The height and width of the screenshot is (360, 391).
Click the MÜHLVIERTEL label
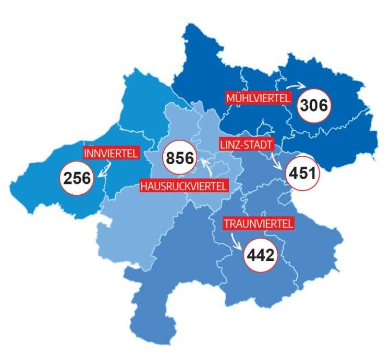[258, 98]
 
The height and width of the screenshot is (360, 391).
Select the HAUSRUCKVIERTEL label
[184, 185]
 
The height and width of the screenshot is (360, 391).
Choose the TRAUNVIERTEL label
[259, 224]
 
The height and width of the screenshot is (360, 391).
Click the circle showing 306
[314, 106]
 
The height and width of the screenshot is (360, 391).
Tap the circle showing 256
[78, 179]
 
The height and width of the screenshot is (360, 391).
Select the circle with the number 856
[179, 158]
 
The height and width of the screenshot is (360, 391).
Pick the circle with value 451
[303, 172]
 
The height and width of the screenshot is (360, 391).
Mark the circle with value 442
[260, 256]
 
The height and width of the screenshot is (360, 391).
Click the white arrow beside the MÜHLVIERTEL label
[299, 85]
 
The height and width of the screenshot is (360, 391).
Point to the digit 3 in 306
[304, 106]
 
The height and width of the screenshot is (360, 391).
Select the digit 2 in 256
[68, 179]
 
